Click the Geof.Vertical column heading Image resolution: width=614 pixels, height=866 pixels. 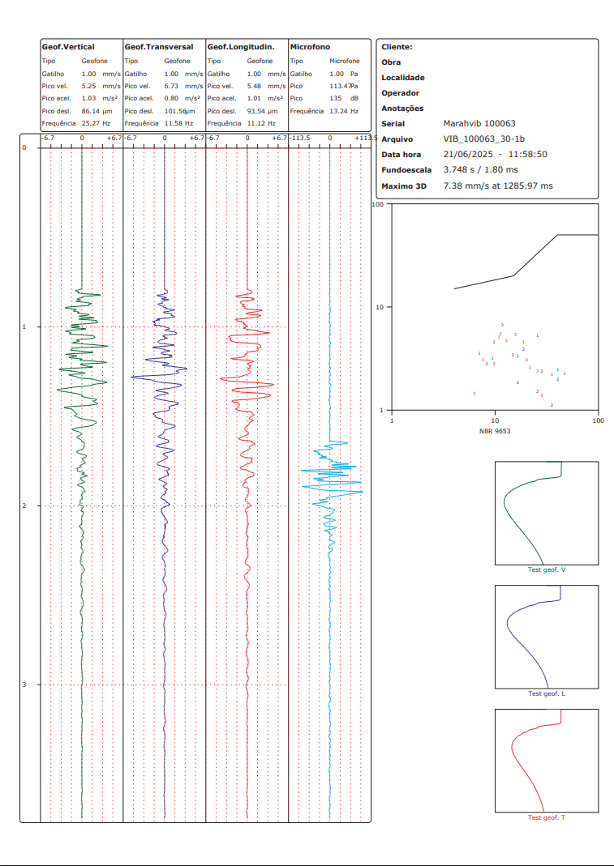point(68,47)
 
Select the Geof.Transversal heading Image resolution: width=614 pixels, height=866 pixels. point(159,47)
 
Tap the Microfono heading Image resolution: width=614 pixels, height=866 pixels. point(310,47)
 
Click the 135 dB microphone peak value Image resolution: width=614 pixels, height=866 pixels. point(344,98)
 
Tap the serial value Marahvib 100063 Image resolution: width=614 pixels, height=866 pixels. point(479,124)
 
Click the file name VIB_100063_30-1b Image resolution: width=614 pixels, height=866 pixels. point(484,139)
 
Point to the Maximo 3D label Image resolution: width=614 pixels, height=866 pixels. point(404,186)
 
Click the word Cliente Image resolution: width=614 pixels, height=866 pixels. point(397,47)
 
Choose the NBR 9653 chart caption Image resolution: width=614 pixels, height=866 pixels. point(495,431)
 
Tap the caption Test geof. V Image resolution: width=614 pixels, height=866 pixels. point(547,570)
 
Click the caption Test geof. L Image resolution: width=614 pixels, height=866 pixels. point(547,693)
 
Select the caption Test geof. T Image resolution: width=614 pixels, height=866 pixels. point(547,817)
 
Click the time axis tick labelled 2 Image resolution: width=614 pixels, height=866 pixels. point(24,506)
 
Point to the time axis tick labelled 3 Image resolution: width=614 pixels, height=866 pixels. point(24,685)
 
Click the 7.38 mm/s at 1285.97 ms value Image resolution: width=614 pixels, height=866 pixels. point(498,186)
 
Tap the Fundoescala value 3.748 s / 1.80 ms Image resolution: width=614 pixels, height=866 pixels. point(481,170)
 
